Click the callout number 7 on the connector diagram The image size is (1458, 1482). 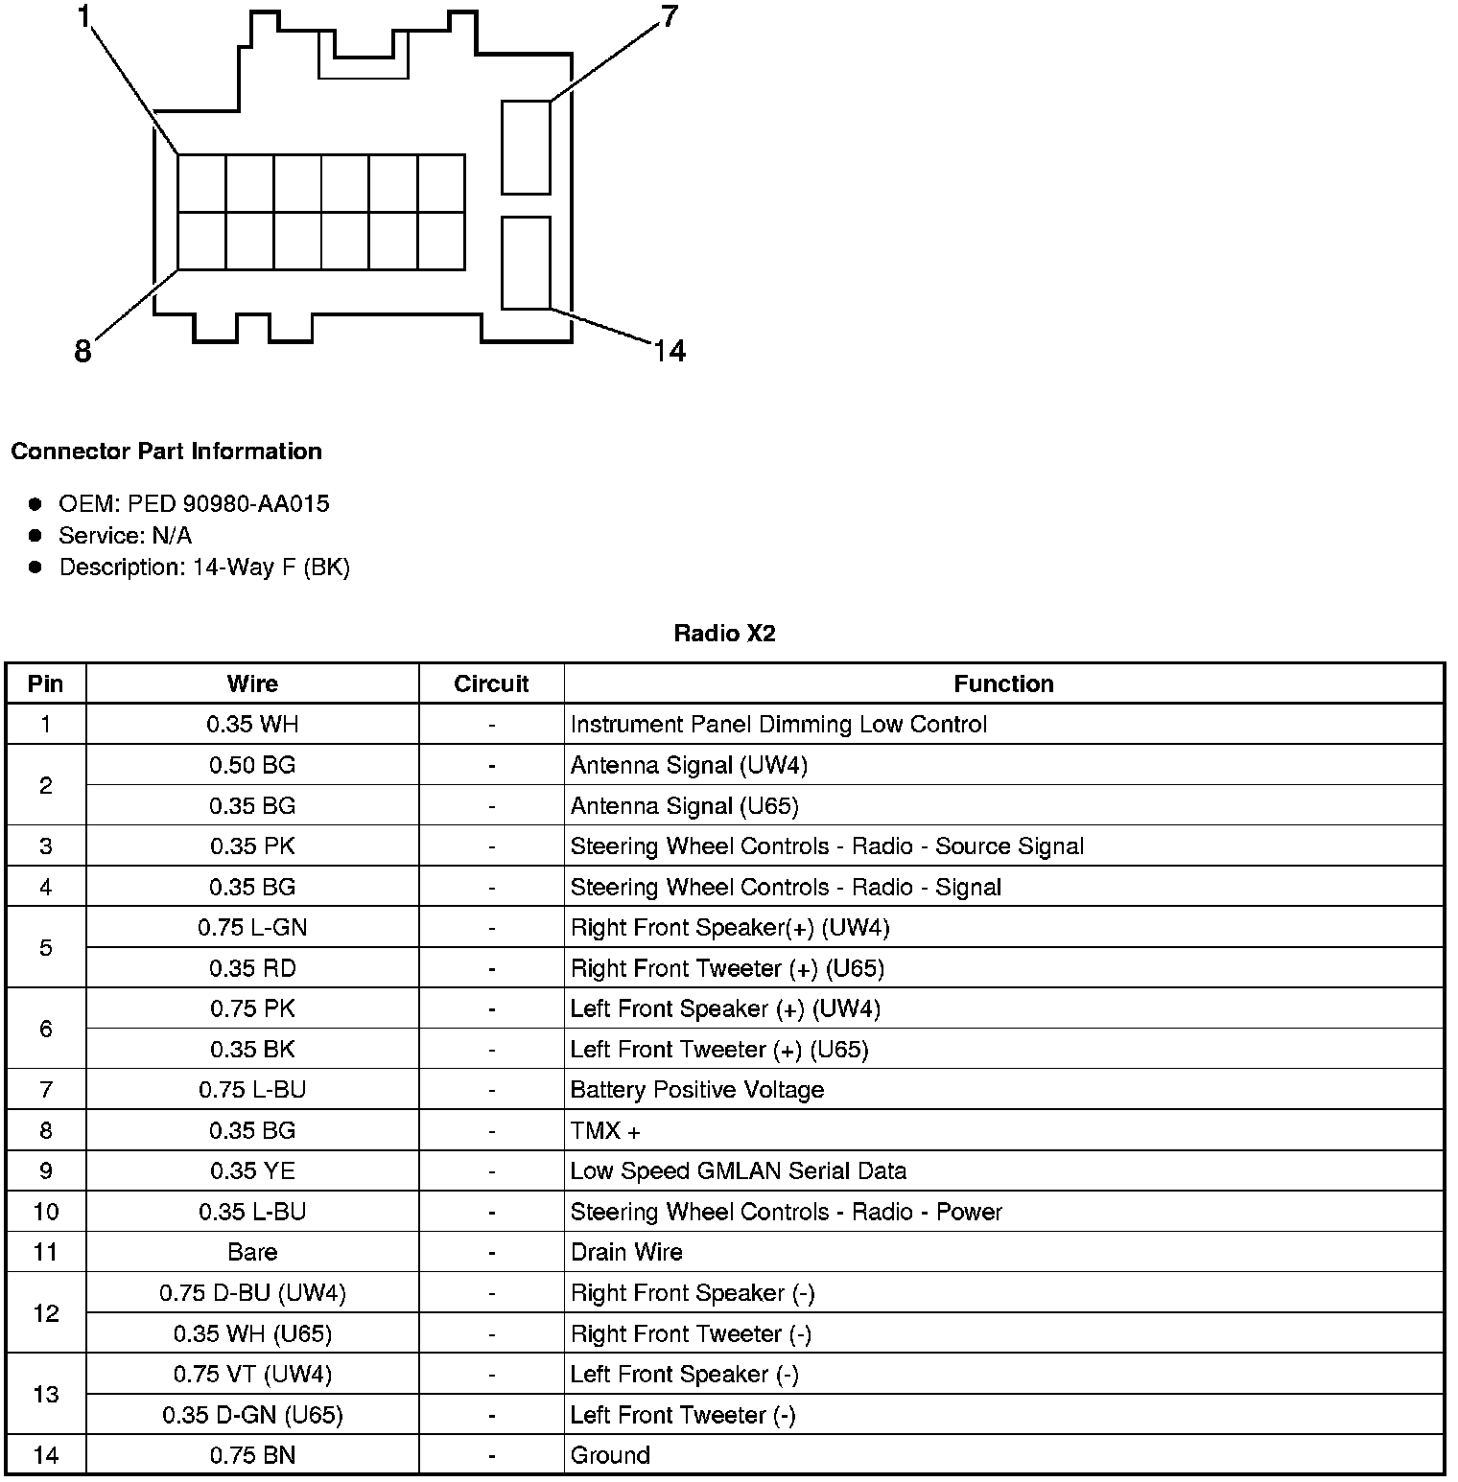pyautogui.click(x=669, y=16)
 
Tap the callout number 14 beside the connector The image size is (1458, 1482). pyautogui.click(x=670, y=352)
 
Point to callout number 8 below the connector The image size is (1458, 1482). pyautogui.click(x=83, y=352)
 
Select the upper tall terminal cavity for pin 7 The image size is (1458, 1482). pyautogui.click(x=526, y=147)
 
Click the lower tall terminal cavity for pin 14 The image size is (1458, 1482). pyautogui.click(x=526, y=263)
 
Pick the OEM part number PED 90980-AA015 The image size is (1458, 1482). pyautogui.click(x=228, y=504)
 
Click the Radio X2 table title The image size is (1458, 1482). pyautogui.click(x=724, y=634)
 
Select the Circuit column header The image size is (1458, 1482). pyautogui.click(x=491, y=683)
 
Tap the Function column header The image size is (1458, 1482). pyautogui.click(x=1003, y=683)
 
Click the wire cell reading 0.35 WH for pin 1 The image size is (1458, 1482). pyautogui.click(x=252, y=725)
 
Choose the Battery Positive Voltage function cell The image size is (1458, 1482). pyautogui.click(x=697, y=1090)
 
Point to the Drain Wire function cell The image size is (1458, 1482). pyautogui.click(x=626, y=1252)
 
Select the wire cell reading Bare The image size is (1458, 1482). pyautogui.click(x=252, y=1252)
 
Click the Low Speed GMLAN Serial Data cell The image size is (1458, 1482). pyautogui.click(x=739, y=1171)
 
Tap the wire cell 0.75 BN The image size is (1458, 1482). pyautogui.click(x=252, y=1455)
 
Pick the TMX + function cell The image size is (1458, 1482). pyautogui.click(x=605, y=1131)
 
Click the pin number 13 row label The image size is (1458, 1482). pyautogui.click(x=46, y=1394)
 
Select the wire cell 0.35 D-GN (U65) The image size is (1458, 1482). pyautogui.click(x=252, y=1415)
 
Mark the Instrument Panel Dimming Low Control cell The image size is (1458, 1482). pyautogui.click(x=778, y=725)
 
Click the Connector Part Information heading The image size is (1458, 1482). pyautogui.click(x=167, y=452)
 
